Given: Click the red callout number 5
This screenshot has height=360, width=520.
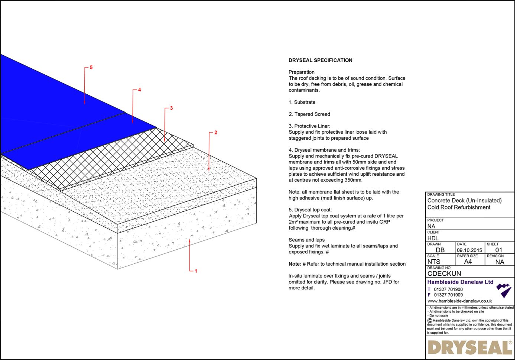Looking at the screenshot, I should coord(91,68).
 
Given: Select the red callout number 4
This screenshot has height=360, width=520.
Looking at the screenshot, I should coord(139,90).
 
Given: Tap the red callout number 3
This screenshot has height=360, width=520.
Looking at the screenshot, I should coord(171,108).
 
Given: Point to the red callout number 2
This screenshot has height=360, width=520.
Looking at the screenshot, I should coord(215,133).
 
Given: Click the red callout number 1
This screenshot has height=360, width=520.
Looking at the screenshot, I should coord(196,271).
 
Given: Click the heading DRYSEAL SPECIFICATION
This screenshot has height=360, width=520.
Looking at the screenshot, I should coord(320,60).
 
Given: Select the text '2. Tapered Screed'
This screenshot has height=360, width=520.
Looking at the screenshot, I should coord(309,114).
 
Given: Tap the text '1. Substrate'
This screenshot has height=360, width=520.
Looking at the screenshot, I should coord(302,102).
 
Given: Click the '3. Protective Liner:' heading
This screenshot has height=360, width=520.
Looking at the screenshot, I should coord(309,126).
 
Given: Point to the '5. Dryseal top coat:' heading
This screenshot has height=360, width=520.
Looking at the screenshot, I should coord(310,210).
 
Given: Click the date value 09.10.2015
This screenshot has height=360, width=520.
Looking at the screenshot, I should coord(469,250).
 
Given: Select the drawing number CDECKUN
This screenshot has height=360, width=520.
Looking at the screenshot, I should coord(444,273).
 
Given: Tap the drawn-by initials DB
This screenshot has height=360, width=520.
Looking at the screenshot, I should coord(440,250).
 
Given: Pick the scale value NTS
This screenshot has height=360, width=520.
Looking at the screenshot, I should coord(433,262).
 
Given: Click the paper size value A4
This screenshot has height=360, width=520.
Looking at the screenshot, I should coord(468,262).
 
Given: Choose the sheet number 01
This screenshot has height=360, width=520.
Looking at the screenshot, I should coord(498,250).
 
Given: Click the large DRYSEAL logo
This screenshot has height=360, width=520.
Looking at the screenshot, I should coord(470,348).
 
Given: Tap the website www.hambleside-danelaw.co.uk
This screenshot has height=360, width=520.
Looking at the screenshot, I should coord(459,301).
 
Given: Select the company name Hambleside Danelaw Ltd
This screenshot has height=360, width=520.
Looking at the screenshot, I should coord(460,282).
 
